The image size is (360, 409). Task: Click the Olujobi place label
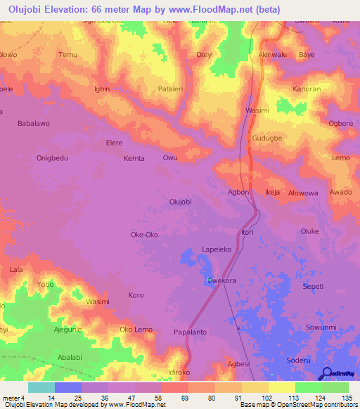pyautogui.click(x=181, y=202)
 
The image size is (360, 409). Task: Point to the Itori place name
pyautogui.click(x=247, y=233)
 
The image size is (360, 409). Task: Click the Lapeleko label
pyautogui.click(x=217, y=249)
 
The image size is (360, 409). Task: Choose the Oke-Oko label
pyautogui.click(x=144, y=235)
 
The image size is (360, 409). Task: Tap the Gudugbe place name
pyautogui.click(x=266, y=139)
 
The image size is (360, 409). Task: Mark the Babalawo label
pyautogui.click(x=33, y=124)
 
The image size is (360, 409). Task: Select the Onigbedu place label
pyautogui.click(x=52, y=158)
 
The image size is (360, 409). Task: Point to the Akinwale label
pyautogui.click(x=273, y=54)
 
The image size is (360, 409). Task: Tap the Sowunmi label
pyautogui.click(x=322, y=328)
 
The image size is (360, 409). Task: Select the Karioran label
pyautogui.click(x=307, y=89)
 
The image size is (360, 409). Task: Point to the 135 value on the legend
pyautogui.click(x=345, y=398)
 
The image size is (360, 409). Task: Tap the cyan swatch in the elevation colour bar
pyautogui.click(x=41, y=387)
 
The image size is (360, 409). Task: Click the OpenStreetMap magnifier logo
pyautogui.click(x=327, y=373)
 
